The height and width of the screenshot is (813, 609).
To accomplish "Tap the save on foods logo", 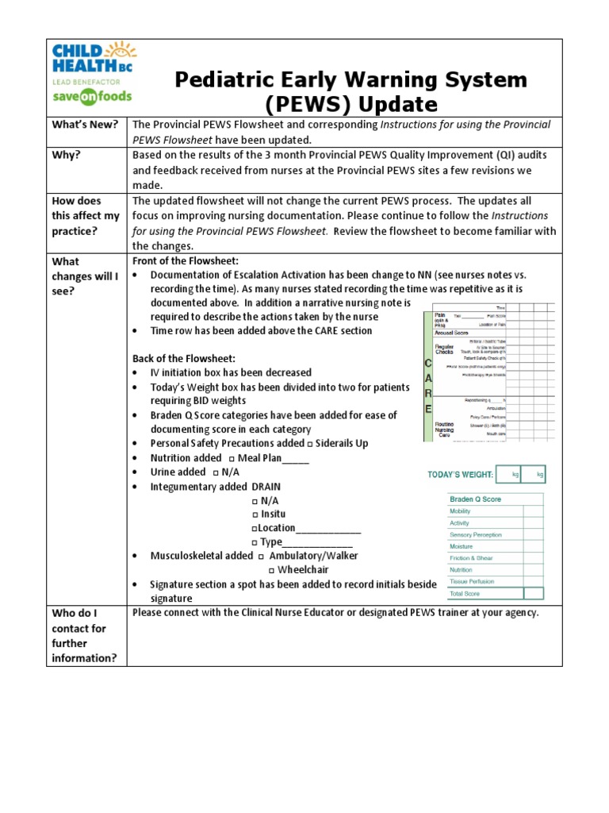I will point(92,96).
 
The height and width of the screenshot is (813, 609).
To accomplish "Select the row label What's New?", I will point(85,125).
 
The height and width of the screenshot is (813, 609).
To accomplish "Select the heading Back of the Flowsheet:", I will point(183,359).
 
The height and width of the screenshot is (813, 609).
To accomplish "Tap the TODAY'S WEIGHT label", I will point(460,475).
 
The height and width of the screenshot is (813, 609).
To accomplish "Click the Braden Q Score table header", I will point(475,499).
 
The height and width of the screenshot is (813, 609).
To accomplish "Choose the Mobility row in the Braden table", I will point(460,511).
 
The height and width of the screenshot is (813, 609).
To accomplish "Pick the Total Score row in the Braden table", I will point(465,593).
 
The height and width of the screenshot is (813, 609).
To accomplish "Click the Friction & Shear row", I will point(472,558).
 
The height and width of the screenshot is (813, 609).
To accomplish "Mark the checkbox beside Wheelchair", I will point(271,570).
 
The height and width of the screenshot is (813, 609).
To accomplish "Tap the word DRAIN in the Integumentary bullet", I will point(266,486).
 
